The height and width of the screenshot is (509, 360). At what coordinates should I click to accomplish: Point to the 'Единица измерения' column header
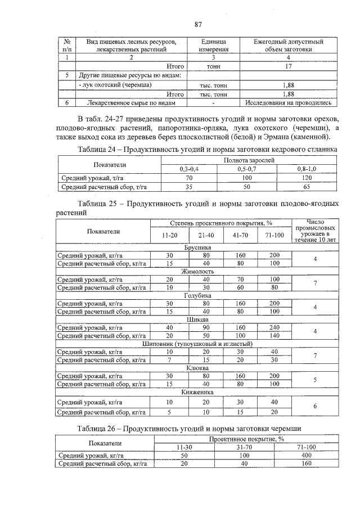pyautogui.click(x=213, y=46)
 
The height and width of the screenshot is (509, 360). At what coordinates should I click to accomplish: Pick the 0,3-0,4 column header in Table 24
pyautogui.click(x=189, y=169)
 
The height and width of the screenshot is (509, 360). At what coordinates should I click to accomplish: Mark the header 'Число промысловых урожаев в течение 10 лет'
pyautogui.click(x=316, y=231)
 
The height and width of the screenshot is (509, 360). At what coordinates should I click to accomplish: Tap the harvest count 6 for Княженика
pyautogui.click(x=316, y=406)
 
